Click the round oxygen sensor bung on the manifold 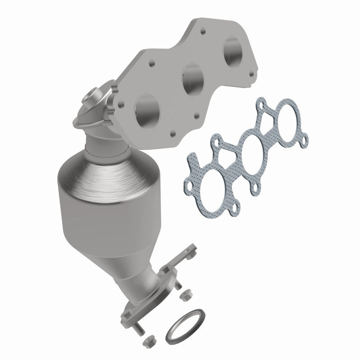tap(91, 98)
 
